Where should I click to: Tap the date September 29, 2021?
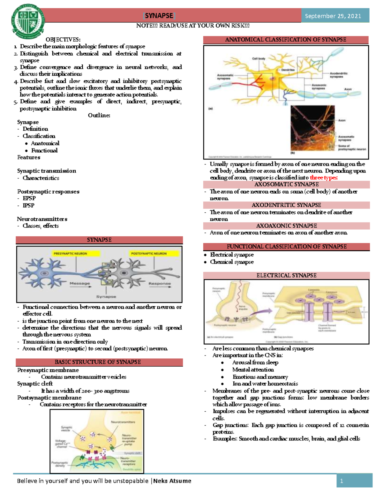pyautogui.click(x=333, y=16)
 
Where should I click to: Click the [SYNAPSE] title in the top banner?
pyautogui.click(x=159, y=16)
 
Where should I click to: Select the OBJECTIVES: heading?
pyautogui.click(x=63, y=40)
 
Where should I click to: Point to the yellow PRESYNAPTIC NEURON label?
pyautogui.click(x=70, y=254)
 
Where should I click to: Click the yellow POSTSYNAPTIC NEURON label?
pyautogui.click(x=149, y=254)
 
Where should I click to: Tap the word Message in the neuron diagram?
pyautogui.click(x=80, y=283)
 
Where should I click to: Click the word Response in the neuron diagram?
pyautogui.click(x=160, y=283)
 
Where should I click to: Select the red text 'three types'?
pyautogui.click(x=323, y=178)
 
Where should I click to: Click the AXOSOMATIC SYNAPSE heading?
pyautogui.click(x=286, y=185)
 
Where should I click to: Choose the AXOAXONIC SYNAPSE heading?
pyautogui.click(x=286, y=226)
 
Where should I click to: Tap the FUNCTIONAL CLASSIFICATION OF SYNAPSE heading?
pyautogui.click(x=286, y=247)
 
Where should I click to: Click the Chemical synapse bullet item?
pyautogui.click(x=232, y=262)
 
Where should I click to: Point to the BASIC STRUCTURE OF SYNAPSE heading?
pyautogui.click(x=98, y=362)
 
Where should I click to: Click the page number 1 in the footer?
pyautogui.click(x=341, y=481)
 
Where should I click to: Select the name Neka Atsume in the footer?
pyautogui.click(x=172, y=481)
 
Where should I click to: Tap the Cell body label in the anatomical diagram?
pyautogui.click(x=259, y=59)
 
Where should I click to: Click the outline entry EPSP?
pyautogui.click(x=29, y=198)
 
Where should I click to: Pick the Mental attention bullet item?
pyautogui.click(x=253, y=370)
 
